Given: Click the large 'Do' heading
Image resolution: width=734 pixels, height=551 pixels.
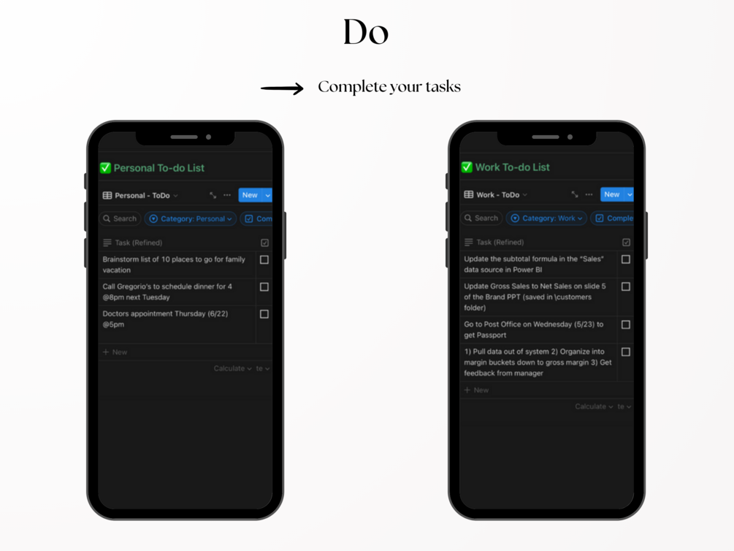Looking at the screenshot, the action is [x=366, y=32].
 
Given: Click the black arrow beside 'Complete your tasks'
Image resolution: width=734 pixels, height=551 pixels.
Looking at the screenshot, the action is [x=282, y=88].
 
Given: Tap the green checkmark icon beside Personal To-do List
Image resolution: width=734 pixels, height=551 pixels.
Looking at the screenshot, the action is [x=105, y=168].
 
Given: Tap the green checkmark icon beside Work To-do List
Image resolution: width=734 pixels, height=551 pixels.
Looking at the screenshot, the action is [x=467, y=167].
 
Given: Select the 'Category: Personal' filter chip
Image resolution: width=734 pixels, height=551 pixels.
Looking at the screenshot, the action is [x=191, y=218].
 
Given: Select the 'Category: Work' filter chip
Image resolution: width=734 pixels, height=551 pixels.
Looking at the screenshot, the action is [x=546, y=218].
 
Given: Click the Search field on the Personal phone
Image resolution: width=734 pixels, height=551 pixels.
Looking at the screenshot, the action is [x=120, y=218].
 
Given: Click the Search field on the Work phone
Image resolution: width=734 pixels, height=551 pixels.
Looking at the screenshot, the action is [x=481, y=218].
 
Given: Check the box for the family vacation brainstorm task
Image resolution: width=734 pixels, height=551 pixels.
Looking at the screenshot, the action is [x=264, y=259].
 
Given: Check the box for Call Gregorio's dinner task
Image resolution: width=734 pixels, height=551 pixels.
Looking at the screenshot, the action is [x=264, y=286].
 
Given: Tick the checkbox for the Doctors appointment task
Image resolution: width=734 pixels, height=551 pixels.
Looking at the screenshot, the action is [x=264, y=314].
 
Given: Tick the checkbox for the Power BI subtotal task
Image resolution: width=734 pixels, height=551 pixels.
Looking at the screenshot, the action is [x=625, y=259].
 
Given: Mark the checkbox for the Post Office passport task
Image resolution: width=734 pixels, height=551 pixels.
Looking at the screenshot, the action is [x=625, y=324].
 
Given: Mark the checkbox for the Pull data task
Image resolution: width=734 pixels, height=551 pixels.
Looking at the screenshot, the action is [x=625, y=352].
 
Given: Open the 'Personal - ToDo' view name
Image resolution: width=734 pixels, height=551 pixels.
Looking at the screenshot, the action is [x=142, y=195].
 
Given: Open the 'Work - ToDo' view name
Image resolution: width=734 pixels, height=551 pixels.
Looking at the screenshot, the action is [x=497, y=195].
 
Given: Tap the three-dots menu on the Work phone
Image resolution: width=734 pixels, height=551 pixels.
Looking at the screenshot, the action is [x=589, y=194].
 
